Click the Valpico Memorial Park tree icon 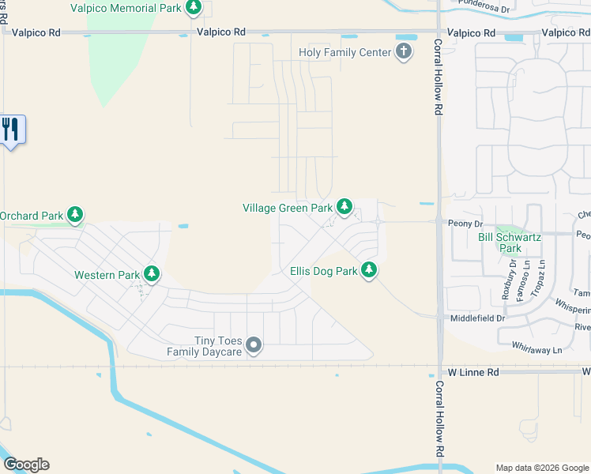point(194,8)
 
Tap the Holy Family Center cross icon point(404,53)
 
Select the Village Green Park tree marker point(344,207)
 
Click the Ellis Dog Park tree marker point(369,271)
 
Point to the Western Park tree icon point(152,275)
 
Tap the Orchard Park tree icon point(75,215)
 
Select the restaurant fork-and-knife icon point(10,129)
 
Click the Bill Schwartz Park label point(506,242)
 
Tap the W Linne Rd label point(473,371)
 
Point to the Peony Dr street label point(465,224)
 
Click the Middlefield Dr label point(477,318)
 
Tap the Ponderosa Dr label point(491,4)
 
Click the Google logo point(26,465)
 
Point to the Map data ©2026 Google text point(542,468)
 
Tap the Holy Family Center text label point(344,53)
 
